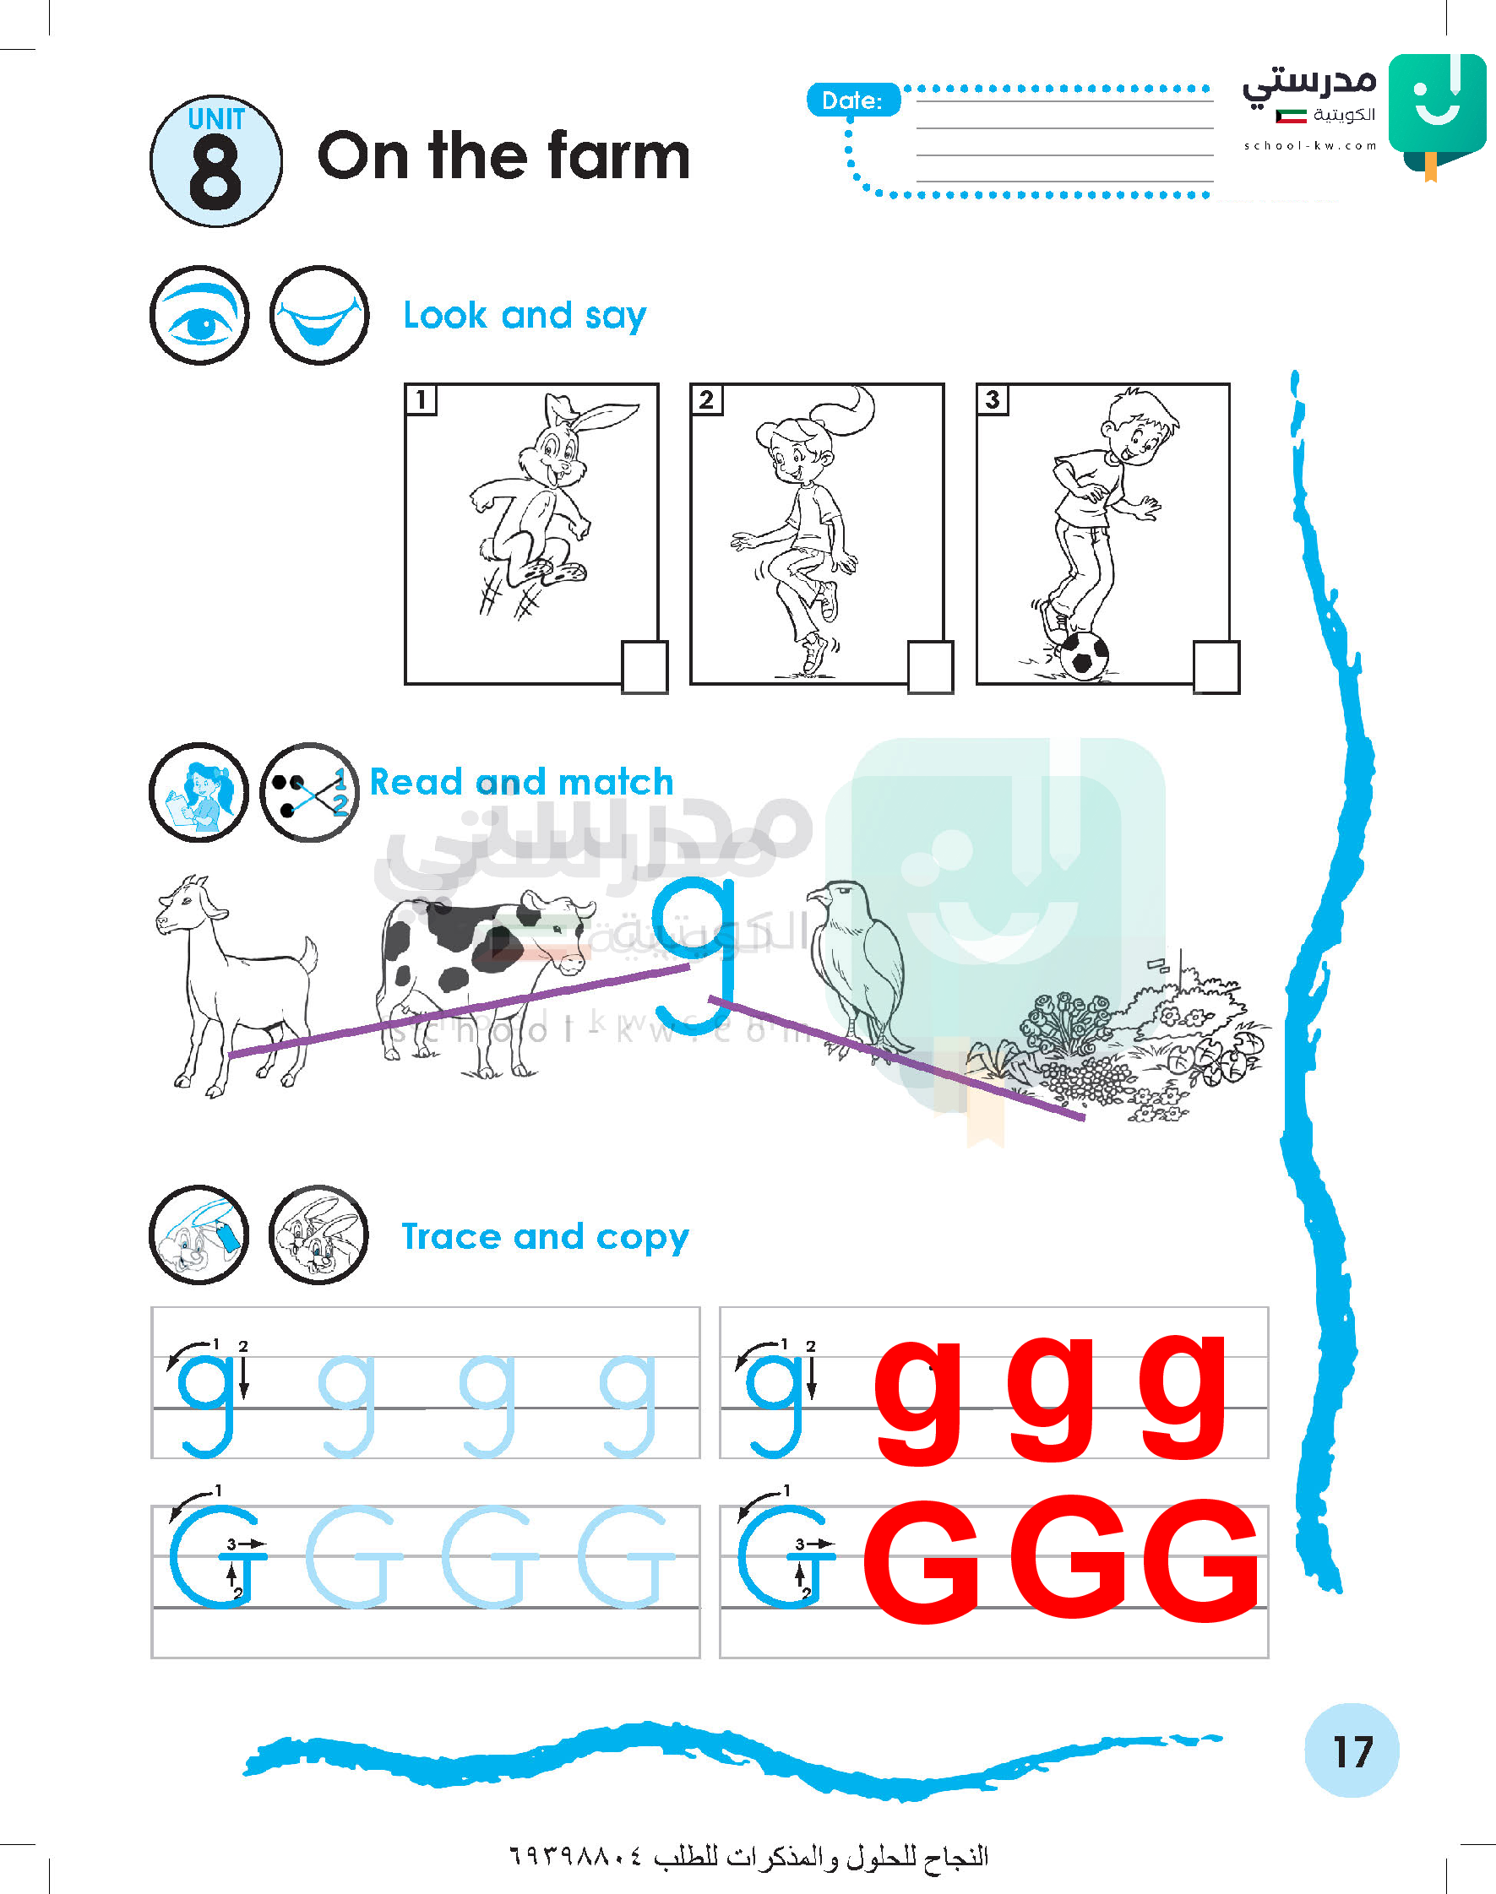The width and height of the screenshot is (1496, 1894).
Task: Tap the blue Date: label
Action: click(x=853, y=100)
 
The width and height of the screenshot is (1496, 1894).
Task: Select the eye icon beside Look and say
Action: click(x=199, y=315)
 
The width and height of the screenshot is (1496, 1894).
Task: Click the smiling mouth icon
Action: click(x=318, y=315)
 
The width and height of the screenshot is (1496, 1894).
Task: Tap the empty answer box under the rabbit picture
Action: click(x=645, y=667)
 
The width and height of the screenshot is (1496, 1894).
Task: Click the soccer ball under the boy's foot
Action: click(x=1083, y=655)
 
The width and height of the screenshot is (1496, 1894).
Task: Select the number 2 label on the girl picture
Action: click(x=706, y=399)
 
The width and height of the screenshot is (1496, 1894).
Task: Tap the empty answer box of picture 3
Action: click(x=1216, y=667)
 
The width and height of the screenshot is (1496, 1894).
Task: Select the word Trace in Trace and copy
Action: click(x=451, y=1236)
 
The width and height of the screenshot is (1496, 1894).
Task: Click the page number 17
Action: click(x=1352, y=1751)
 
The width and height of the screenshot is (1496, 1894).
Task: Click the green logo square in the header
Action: click(x=1438, y=103)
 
